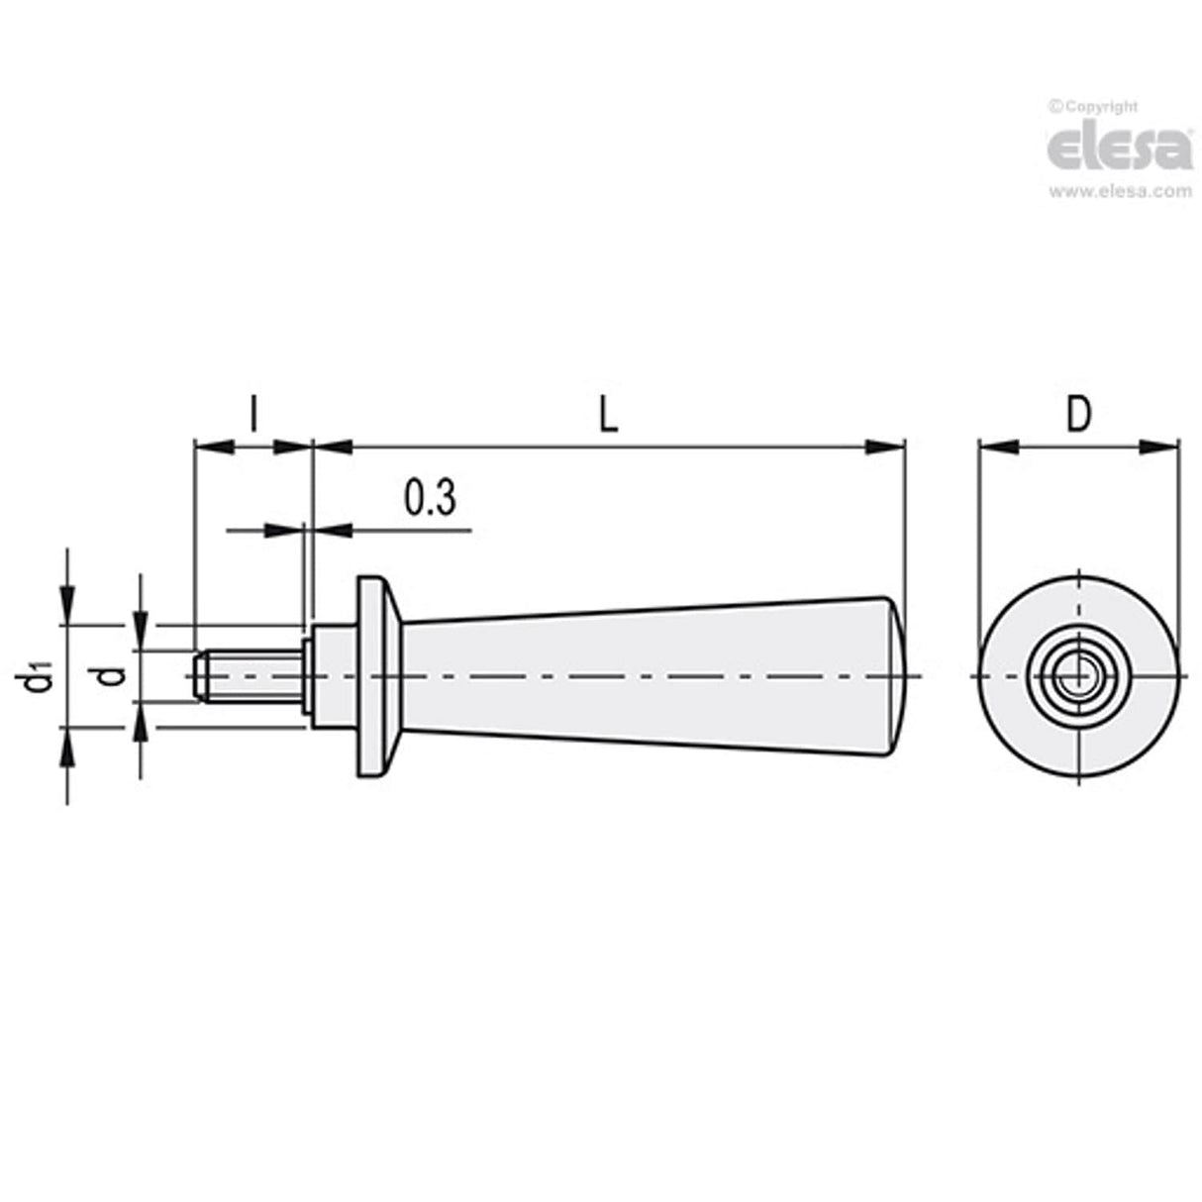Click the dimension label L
[x=608, y=415]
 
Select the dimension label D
[x=1078, y=415]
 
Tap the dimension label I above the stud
[x=252, y=415]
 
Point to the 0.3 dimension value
[x=430, y=498]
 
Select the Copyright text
[x=1094, y=107]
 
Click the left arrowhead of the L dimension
[x=333, y=448]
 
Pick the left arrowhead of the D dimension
[x=998, y=448]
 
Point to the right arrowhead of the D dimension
[x=1159, y=448]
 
